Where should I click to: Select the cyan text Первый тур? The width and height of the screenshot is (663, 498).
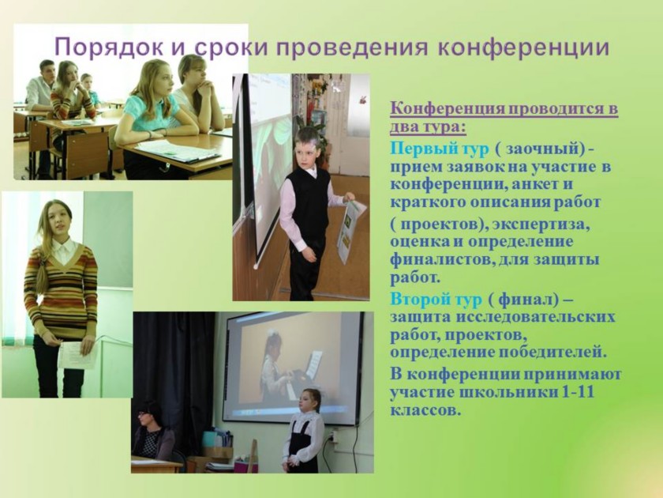coord(440,149)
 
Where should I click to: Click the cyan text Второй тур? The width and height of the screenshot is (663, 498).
coord(436,300)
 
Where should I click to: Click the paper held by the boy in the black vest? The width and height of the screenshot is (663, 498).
coord(351,231)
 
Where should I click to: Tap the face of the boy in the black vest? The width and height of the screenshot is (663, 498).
coord(305,149)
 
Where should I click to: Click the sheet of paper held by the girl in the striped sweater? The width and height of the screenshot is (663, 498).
coord(77,356)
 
